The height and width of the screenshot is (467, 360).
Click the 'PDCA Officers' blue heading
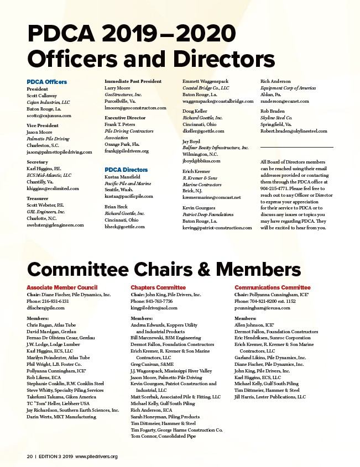(x=46, y=82)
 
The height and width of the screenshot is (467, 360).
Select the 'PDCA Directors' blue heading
(x=126, y=170)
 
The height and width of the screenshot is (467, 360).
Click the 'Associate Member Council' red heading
(x=62, y=287)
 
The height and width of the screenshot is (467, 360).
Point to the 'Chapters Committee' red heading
(x=158, y=287)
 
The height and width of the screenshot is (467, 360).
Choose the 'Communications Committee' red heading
(x=273, y=287)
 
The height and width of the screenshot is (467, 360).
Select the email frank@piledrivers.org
(x=127, y=151)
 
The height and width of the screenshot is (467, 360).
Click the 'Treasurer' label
(x=38, y=198)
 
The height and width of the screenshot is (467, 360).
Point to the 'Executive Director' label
(x=126, y=118)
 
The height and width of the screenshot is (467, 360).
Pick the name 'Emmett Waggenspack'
(x=205, y=81)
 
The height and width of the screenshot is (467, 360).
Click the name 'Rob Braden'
(x=273, y=111)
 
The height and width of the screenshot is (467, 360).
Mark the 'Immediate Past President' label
(x=133, y=81)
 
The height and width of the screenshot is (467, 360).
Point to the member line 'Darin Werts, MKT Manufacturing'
(x=61, y=417)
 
